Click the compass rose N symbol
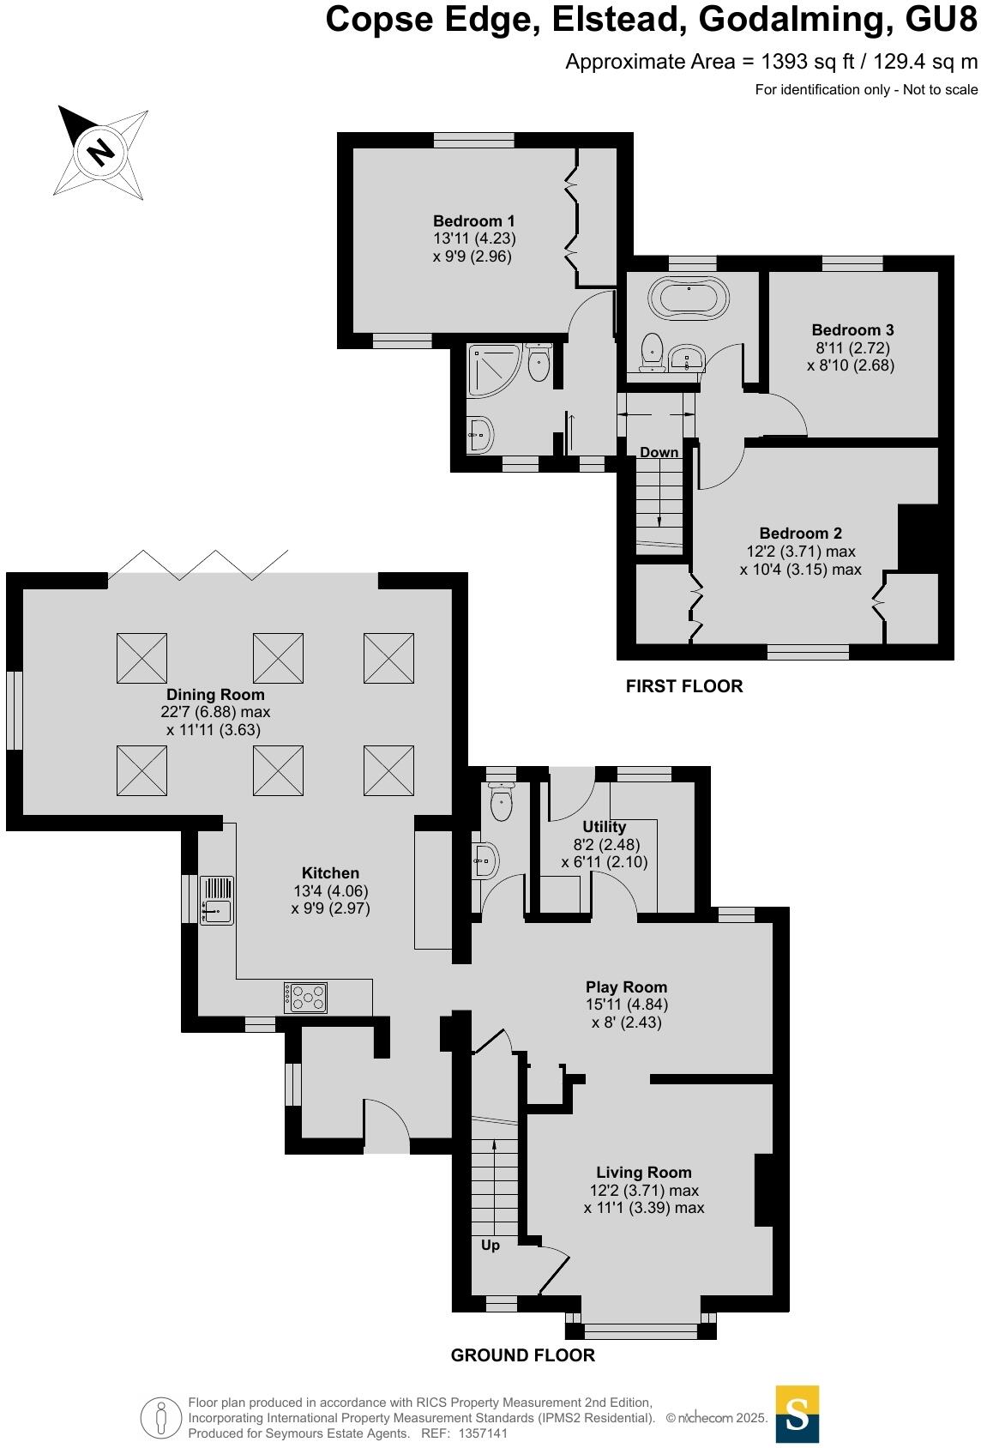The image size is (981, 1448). click(101, 151)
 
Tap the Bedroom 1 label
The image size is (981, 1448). click(473, 221)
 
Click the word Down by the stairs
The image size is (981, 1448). click(659, 452)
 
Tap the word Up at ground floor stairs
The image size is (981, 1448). click(490, 1245)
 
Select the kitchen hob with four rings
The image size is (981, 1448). click(307, 997)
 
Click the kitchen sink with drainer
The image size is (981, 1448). click(217, 900)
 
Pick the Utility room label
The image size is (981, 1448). click(604, 827)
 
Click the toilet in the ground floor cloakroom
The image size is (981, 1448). click(501, 801)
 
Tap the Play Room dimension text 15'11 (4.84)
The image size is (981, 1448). click(626, 1005)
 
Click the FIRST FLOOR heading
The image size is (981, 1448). click(683, 686)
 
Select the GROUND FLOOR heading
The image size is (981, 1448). click(522, 1355)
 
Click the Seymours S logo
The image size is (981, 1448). click(797, 1414)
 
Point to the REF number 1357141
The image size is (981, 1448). click(484, 1433)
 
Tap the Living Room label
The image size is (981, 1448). click(643, 1173)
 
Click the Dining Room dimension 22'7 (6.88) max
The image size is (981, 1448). click(218, 712)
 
